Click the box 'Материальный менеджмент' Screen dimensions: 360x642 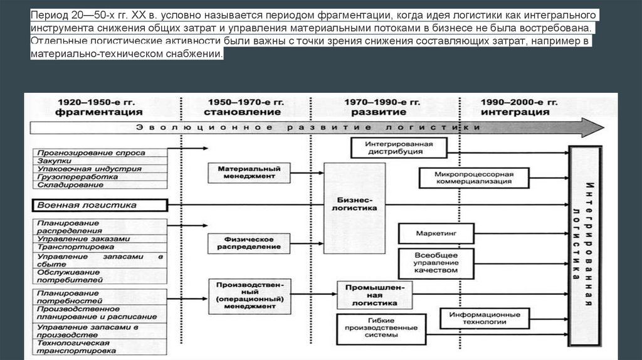point(250,173)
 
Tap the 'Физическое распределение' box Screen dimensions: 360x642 point(250,243)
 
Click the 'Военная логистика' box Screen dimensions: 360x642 point(100,205)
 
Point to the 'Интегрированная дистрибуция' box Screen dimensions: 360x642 point(399,147)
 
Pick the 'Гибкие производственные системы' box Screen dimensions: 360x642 point(376,328)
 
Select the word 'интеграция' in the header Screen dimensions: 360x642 point(516,112)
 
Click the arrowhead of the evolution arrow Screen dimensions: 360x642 point(592,127)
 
